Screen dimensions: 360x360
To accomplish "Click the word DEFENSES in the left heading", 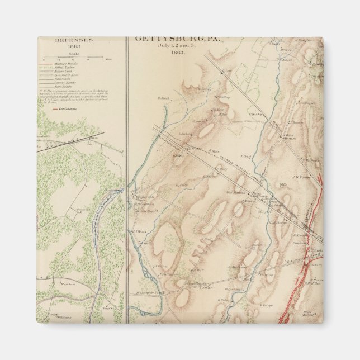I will coord(73,41).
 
